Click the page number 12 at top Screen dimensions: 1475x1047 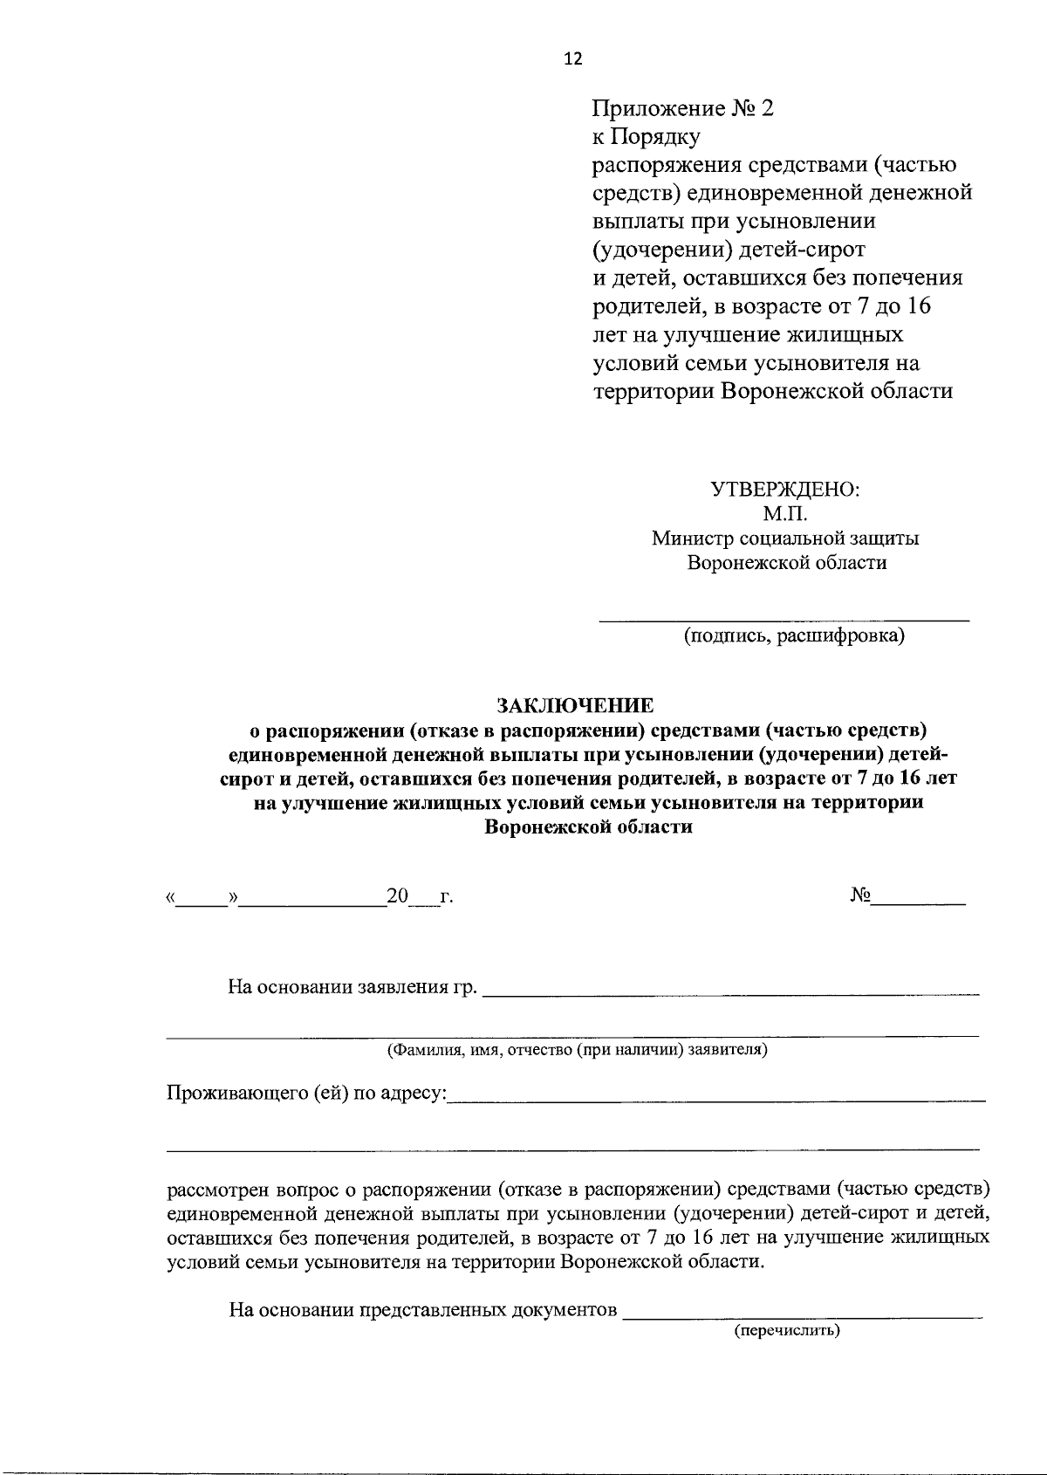tap(573, 58)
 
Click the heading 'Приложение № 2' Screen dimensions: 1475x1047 tap(683, 109)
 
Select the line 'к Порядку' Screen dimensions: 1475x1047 tap(647, 137)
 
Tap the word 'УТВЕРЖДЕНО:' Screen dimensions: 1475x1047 tap(786, 489)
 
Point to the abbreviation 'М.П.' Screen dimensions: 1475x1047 tap(785, 514)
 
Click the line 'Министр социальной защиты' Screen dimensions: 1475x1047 tap(785, 539)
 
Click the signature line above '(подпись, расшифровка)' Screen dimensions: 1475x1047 tap(784, 618)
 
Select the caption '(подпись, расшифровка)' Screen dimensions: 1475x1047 tap(794, 636)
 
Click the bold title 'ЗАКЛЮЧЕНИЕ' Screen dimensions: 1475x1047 tap(575, 704)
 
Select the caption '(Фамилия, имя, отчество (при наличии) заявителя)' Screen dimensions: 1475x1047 tap(578, 1049)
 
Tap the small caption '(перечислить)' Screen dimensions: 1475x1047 tap(786, 1331)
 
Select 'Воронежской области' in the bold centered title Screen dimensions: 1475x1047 tap(589, 827)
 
